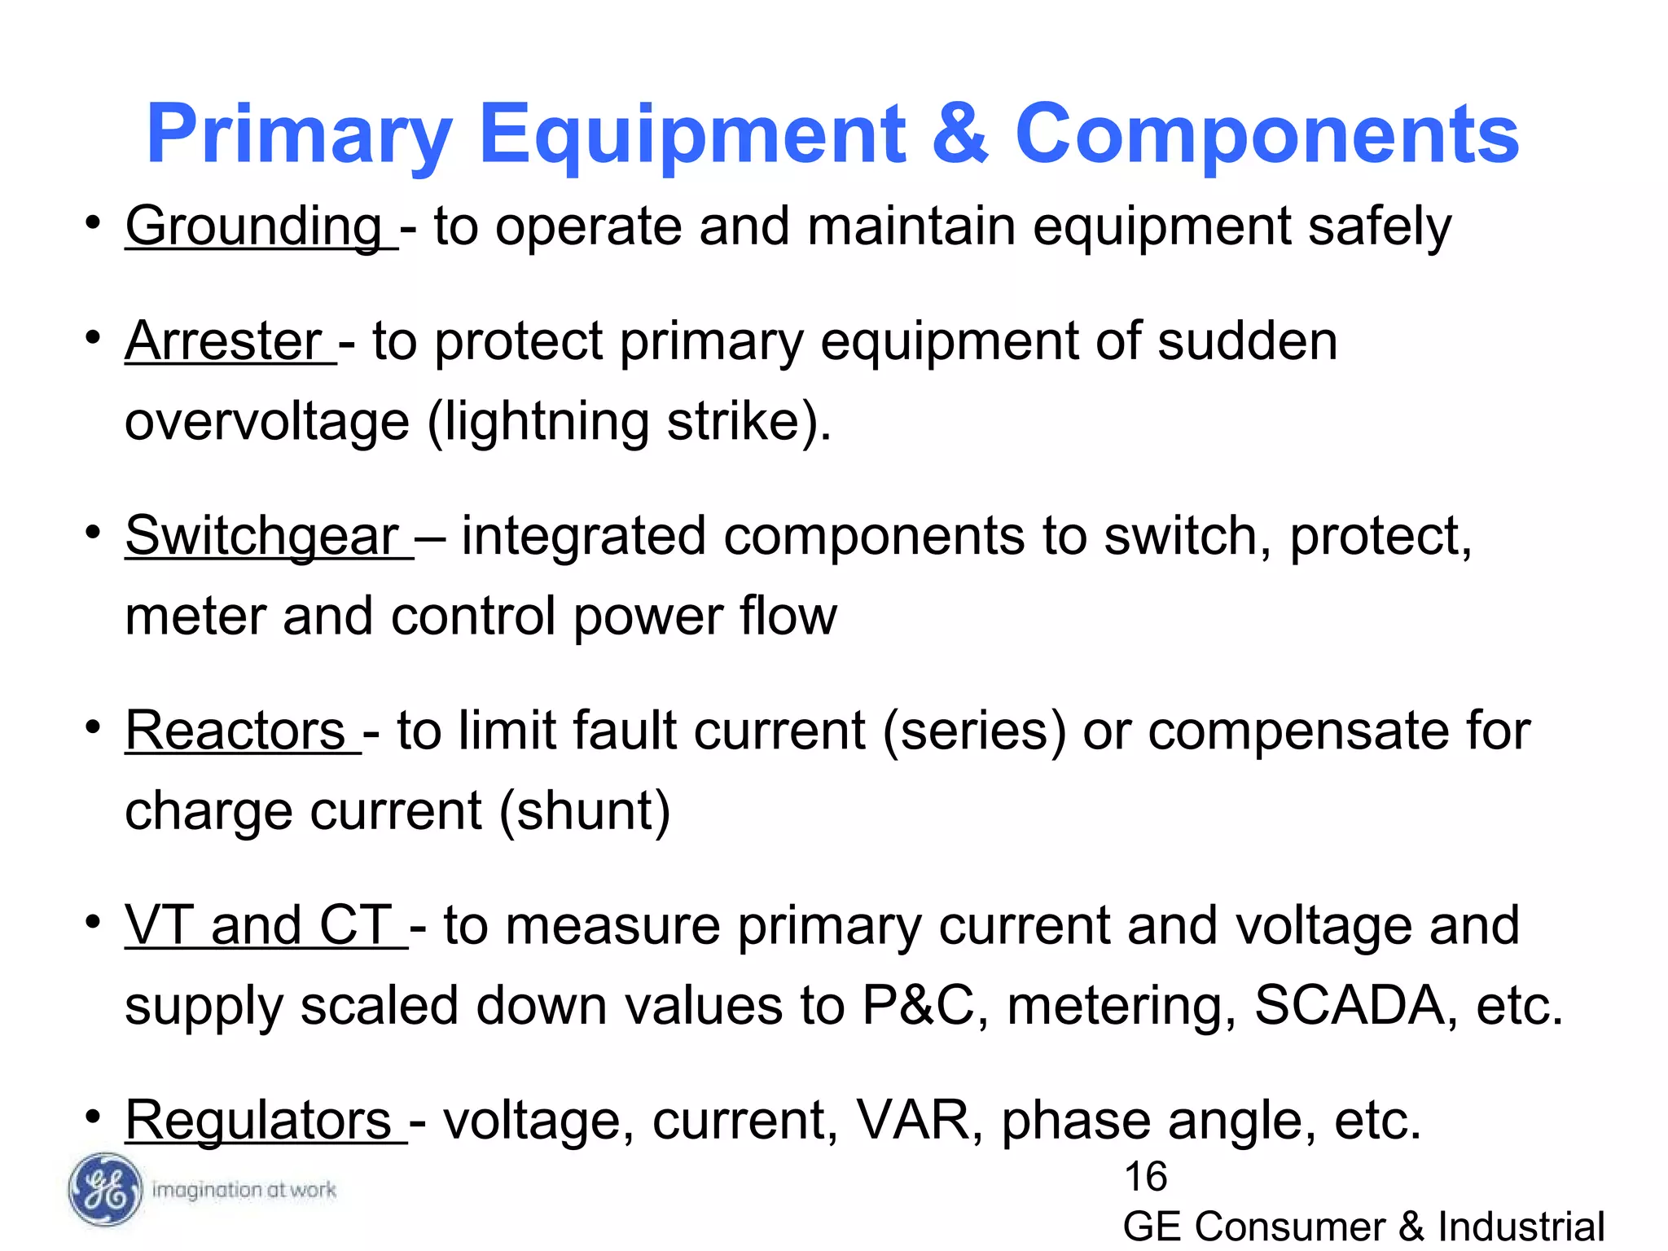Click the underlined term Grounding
[253, 226]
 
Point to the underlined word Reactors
[235, 730]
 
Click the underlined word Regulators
[258, 1120]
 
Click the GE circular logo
[105, 1190]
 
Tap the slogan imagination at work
[244, 1190]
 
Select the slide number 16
[1145, 1177]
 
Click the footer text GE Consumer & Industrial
[1363, 1227]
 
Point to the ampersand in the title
[959, 134]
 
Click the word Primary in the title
[299, 135]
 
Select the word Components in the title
[1266, 134]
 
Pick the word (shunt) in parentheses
[584, 811]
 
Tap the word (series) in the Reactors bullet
[974, 730]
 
